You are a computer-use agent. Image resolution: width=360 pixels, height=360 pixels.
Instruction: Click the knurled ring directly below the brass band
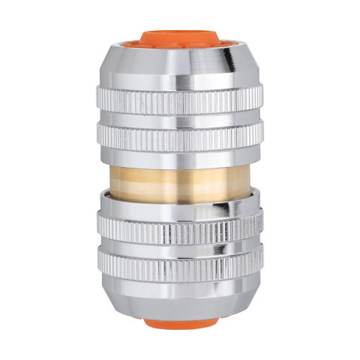tap(179, 230)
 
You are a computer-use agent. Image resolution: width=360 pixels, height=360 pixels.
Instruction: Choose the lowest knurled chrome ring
tap(179, 266)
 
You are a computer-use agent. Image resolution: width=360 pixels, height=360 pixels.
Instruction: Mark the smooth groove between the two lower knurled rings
tap(179, 248)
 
